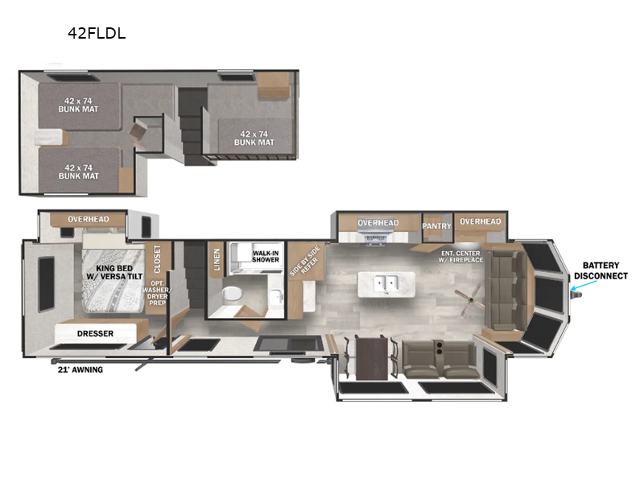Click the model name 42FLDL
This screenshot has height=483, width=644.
click(x=97, y=34)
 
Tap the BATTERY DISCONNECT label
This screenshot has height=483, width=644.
click(x=605, y=270)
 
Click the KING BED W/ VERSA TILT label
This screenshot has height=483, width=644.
click(x=114, y=271)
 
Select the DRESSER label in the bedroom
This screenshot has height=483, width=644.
click(x=95, y=333)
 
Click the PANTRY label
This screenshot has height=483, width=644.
click(x=437, y=226)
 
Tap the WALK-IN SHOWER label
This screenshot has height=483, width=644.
click(x=266, y=257)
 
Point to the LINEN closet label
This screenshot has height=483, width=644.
click(x=217, y=258)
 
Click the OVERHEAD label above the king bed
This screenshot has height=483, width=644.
click(x=88, y=219)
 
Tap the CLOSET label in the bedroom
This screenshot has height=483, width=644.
click(x=157, y=259)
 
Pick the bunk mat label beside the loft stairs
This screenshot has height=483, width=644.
click(x=254, y=138)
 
